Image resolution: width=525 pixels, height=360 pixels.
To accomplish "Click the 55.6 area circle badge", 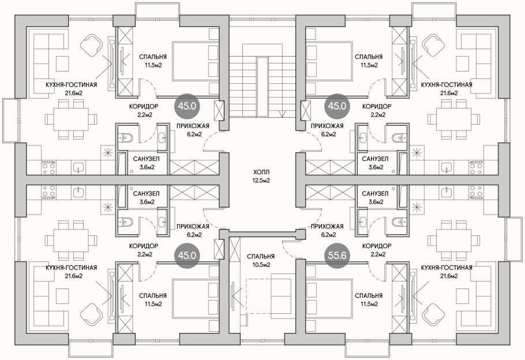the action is point(337,256).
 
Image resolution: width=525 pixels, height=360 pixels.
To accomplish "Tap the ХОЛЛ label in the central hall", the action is point(261,172).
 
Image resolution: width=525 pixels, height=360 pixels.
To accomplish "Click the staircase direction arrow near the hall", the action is point(282,114).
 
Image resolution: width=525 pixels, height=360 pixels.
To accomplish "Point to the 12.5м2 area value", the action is point(261,181).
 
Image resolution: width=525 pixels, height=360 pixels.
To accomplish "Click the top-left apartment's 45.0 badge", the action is point(187,106).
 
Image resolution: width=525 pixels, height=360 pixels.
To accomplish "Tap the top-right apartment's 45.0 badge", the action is point(337,106).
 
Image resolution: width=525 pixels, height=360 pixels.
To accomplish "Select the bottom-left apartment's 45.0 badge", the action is point(187,256).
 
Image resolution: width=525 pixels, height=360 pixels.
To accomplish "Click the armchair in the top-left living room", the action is point(91,45).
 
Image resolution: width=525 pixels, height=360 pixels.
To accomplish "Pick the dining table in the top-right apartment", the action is point(453,119).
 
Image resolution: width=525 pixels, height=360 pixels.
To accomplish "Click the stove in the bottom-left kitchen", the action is point(48,192).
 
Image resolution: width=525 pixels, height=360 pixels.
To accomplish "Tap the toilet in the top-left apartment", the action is point(126,137).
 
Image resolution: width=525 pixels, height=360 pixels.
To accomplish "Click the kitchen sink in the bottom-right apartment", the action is point(447,192).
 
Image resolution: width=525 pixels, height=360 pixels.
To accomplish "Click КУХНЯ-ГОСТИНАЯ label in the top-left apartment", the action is point(72,85).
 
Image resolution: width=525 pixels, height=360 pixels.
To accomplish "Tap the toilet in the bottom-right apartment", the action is point(399,222).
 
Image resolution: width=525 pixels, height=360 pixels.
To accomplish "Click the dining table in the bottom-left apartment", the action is point(72,241).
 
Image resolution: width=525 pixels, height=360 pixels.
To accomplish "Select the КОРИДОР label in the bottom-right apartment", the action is point(377,246).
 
